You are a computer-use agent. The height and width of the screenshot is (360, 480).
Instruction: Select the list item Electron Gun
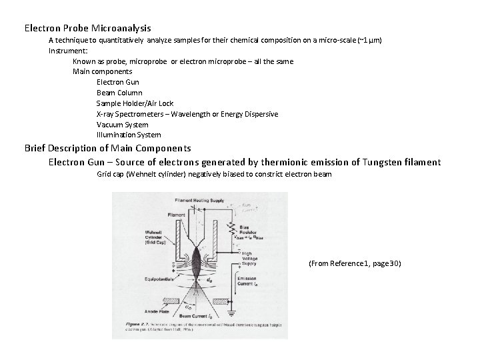[118, 82]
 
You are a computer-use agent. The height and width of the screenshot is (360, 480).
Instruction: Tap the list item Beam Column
[119, 93]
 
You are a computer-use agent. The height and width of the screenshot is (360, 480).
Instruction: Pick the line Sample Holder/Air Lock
[135, 103]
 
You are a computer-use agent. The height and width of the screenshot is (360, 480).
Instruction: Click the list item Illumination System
[129, 135]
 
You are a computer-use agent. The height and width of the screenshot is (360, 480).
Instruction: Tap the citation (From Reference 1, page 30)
[355, 264]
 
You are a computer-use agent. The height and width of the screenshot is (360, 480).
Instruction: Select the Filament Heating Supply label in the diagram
[198, 200]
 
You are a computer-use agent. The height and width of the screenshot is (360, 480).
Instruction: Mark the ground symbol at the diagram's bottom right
[231, 312]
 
